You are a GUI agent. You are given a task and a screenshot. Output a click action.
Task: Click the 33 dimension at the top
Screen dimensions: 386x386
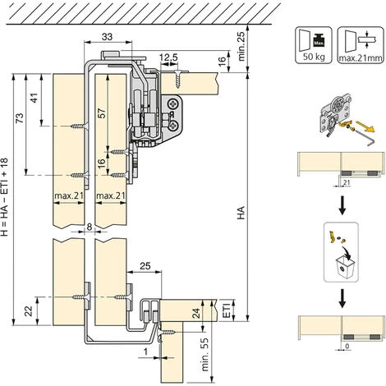[x=107, y=36]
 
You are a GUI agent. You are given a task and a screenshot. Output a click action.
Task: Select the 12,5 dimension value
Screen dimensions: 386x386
[x=168, y=57]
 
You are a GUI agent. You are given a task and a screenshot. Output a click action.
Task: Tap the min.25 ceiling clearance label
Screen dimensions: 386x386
[x=241, y=45]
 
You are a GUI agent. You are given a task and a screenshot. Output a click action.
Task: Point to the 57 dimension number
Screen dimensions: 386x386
[x=101, y=113]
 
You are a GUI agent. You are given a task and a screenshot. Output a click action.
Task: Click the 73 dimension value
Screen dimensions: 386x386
[x=20, y=118]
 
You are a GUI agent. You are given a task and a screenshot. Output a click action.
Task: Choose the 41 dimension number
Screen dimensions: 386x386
[x=34, y=98]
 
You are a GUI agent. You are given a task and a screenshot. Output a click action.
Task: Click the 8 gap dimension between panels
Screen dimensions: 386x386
[x=90, y=227]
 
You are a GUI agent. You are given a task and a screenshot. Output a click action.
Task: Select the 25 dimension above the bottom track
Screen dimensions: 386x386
[x=145, y=266]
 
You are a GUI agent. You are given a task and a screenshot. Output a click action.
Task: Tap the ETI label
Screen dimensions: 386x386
[x=227, y=310]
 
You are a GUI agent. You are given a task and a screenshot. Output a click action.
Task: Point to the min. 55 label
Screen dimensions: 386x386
[x=204, y=355]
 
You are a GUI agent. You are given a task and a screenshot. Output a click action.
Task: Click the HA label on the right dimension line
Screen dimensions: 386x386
[x=241, y=213]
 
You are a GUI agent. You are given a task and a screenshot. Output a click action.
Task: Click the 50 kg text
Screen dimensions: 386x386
[x=314, y=57]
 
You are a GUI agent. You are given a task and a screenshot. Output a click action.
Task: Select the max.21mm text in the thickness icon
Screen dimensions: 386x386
[x=361, y=58]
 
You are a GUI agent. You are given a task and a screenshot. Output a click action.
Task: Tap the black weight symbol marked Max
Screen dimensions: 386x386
[x=319, y=40]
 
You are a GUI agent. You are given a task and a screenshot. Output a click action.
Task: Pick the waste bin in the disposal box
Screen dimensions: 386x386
[x=344, y=268]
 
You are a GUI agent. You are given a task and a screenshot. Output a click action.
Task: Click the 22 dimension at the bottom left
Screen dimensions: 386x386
[x=29, y=311]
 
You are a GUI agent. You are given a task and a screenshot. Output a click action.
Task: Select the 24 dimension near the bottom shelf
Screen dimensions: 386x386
[x=196, y=314]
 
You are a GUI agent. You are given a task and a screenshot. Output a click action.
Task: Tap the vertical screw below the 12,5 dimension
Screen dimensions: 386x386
[x=178, y=79]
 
